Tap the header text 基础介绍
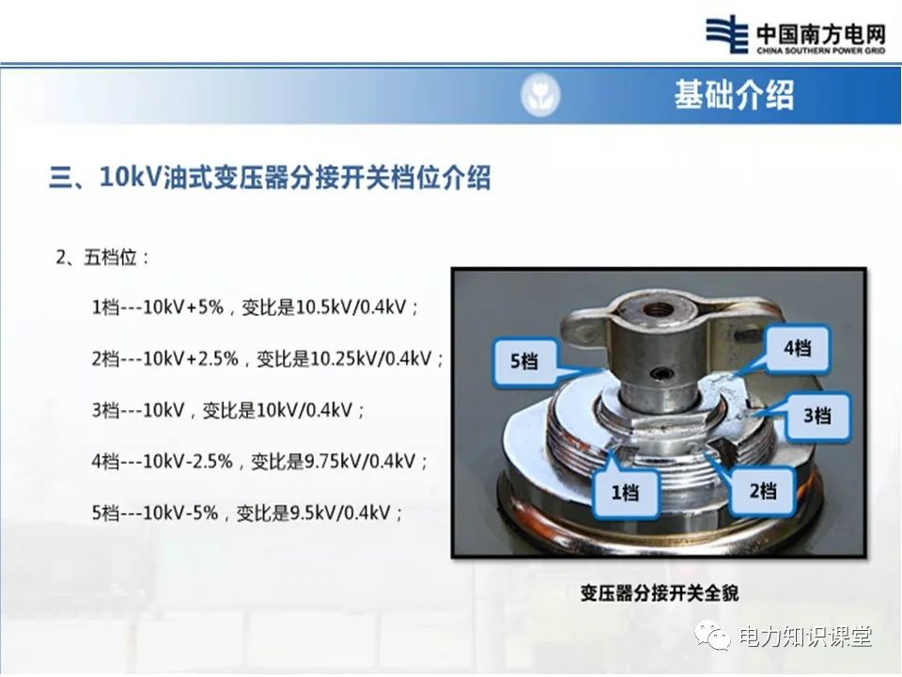[x=733, y=95]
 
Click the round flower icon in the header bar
[x=540, y=95]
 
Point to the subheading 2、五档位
[x=103, y=257]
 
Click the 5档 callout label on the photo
[x=523, y=361]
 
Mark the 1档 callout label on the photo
[x=624, y=490]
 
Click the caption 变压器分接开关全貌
[x=659, y=592]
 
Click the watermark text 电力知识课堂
[x=805, y=637]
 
